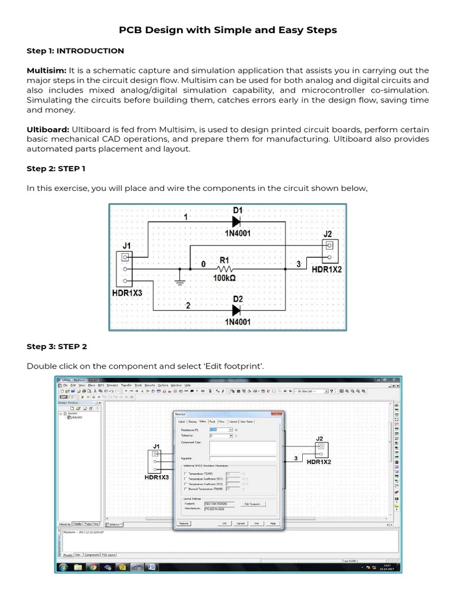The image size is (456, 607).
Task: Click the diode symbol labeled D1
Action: [x=237, y=222]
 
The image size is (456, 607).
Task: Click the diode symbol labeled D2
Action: [x=237, y=309]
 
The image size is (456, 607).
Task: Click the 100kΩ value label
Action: [x=224, y=277]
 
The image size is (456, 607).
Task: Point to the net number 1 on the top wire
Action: [x=186, y=218]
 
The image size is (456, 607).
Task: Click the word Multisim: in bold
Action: [x=46, y=70]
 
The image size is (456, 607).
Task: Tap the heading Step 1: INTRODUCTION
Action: [x=75, y=51]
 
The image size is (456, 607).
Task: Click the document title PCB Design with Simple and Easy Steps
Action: [x=228, y=30]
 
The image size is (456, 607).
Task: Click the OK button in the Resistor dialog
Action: [x=225, y=523]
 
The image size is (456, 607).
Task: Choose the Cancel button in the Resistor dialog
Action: [x=241, y=523]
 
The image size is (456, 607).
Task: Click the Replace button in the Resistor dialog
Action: [x=184, y=523]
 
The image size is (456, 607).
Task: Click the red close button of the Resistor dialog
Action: [x=276, y=413]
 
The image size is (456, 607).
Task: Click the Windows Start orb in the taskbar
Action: [x=64, y=567]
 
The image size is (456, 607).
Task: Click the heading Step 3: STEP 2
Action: [x=57, y=346]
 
